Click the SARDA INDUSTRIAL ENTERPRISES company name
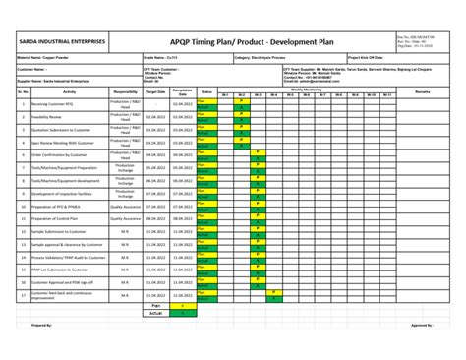tap(60, 42)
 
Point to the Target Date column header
tap(155, 91)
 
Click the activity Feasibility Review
tap(48, 115)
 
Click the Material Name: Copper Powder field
tap(43, 58)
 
